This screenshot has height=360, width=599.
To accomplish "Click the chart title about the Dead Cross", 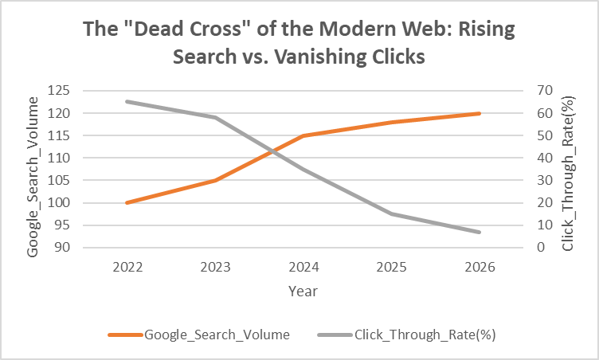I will [299, 44].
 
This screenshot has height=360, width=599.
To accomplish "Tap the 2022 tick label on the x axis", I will [127, 267].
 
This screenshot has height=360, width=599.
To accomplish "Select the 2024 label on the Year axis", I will [303, 267].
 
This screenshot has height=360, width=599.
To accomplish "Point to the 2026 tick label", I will [479, 267].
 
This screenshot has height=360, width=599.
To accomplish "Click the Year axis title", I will [303, 292].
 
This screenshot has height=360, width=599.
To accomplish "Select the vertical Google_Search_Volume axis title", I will [33, 175].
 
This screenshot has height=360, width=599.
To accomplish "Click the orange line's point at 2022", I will [127, 202].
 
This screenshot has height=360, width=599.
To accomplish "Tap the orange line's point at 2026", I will [479, 113].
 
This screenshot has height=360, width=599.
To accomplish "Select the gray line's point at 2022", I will [127, 101].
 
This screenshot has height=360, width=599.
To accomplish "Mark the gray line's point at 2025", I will [390, 213].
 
